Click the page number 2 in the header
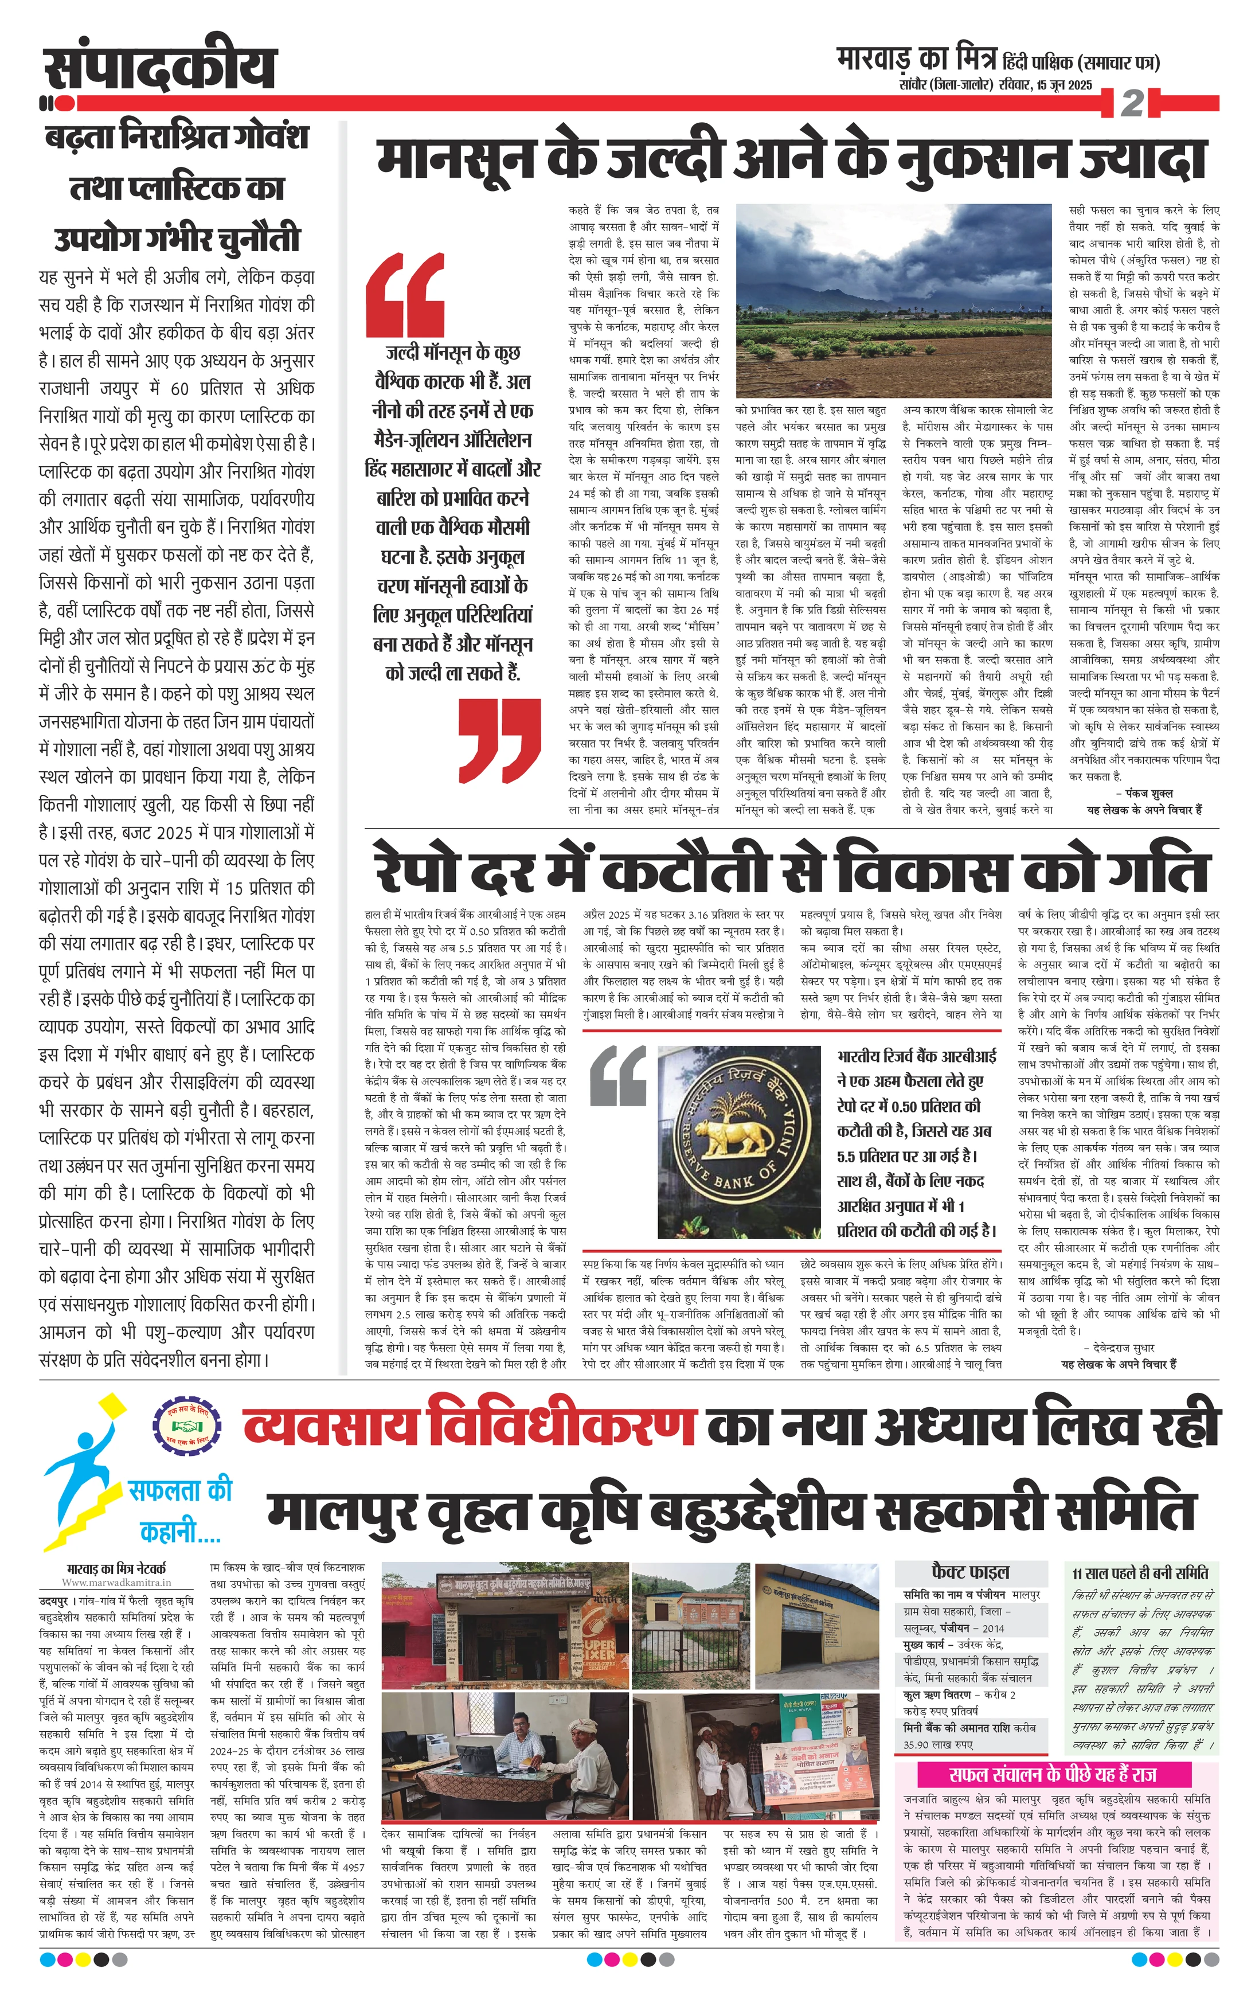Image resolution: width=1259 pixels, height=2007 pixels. click(1132, 103)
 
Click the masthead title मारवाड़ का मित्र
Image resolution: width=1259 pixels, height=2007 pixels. click(916, 60)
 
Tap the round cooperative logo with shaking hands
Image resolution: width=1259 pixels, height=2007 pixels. click(187, 1427)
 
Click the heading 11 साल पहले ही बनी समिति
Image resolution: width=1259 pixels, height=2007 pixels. click(1139, 1572)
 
